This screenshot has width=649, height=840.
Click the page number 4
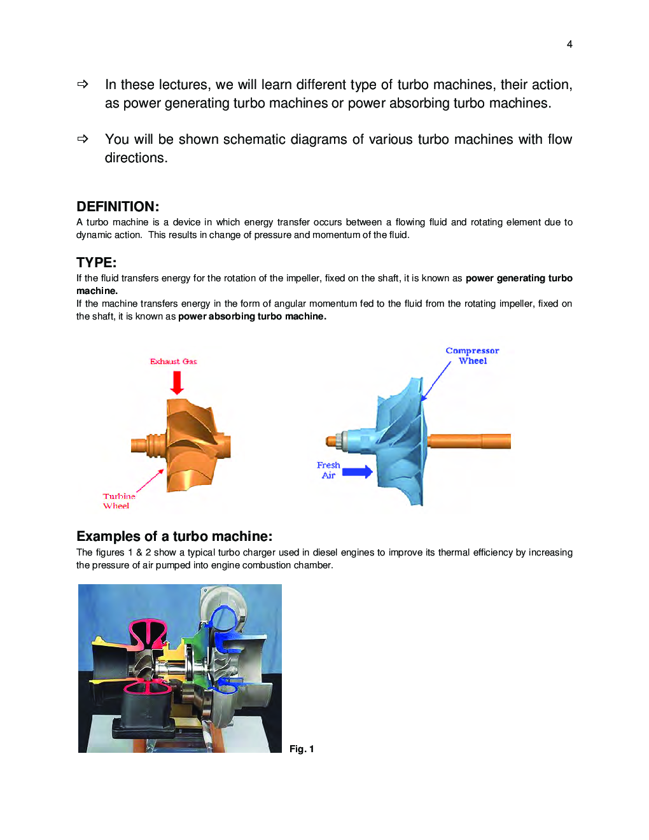point(569,44)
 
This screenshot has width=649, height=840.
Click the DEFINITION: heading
point(118,207)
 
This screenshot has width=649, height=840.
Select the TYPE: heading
point(96,263)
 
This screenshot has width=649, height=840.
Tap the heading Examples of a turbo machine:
point(174,536)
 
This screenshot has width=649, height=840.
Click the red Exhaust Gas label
point(173,361)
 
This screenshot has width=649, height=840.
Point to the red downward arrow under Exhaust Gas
point(177,382)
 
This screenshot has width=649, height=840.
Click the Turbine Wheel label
point(118,501)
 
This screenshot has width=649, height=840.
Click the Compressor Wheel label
point(472,356)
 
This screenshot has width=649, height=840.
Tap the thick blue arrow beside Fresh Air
point(357,472)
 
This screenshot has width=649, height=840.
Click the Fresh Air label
point(328,470)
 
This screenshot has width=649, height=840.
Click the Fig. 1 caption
point(302,749)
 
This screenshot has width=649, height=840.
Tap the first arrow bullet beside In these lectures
point(83,84)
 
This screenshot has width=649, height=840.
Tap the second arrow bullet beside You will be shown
point(83,139)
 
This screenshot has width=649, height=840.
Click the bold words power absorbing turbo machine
point(252,316)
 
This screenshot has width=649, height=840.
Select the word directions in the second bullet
point(136,158)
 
